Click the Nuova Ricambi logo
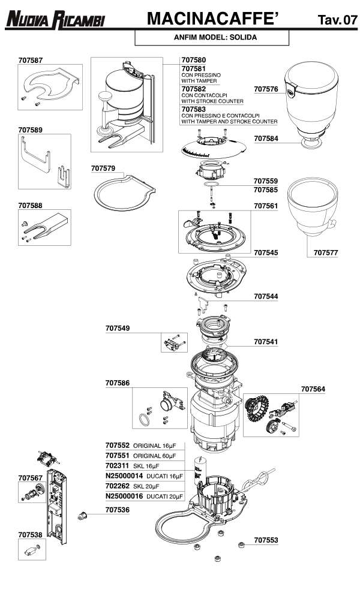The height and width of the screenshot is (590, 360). (55, 21)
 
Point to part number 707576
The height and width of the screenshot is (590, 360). (266, 89)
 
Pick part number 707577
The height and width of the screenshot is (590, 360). (326, 253)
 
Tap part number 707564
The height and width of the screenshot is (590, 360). (313, 389)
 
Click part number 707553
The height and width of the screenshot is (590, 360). (266, 540)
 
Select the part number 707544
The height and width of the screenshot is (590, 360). (266, 296)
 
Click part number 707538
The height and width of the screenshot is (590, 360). (30, 534)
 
